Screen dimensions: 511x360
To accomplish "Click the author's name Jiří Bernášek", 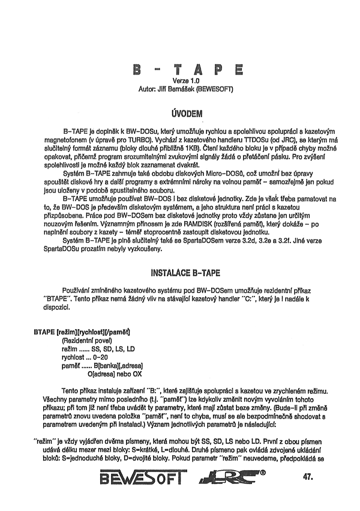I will [180, 89].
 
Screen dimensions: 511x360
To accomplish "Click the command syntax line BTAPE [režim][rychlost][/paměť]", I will [83, 332].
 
